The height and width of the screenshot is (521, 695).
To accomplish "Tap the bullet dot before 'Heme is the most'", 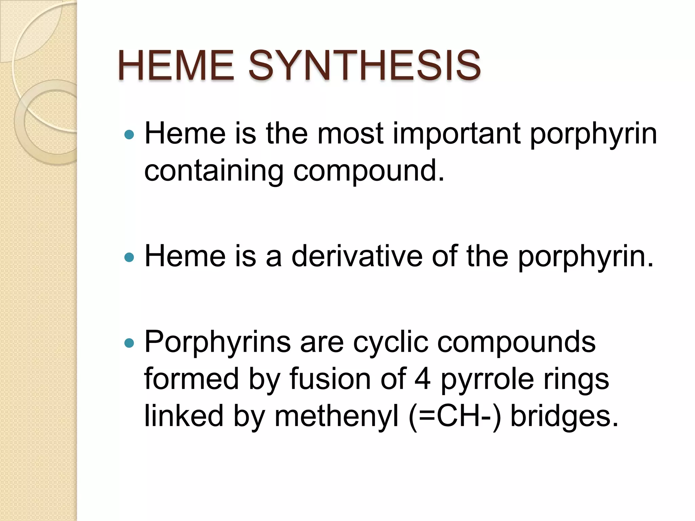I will click(x=129, y=135).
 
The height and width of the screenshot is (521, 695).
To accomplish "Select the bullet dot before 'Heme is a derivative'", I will click(x=129, y=257).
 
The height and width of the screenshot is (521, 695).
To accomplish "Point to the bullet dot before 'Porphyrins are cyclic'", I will click(x=129, y=343).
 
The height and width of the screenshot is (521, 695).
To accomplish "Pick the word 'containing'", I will click(x=214, y=171).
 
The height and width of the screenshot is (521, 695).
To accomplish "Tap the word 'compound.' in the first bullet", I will click(x=369, y=171).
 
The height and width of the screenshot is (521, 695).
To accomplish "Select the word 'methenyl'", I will click(x=336, y=417).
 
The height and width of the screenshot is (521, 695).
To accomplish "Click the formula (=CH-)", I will click(x=455, y=417).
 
